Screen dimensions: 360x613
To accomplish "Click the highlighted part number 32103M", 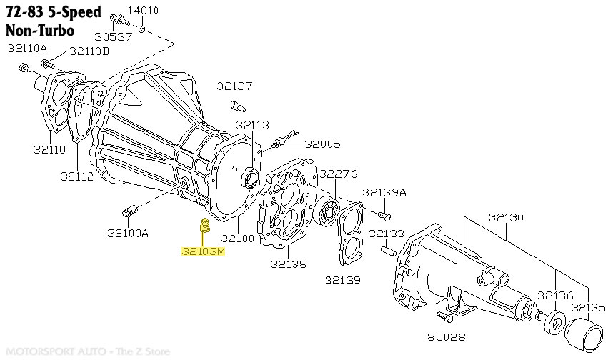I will [203, 251].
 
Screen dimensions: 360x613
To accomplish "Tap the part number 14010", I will [143, 10].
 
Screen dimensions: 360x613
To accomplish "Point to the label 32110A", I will [27, 49].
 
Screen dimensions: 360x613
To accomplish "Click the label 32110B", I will [89, 51].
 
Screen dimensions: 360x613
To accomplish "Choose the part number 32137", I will [235, 86].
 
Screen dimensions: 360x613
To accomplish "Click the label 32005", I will [322, 144].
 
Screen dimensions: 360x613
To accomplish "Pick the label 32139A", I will [384, 192].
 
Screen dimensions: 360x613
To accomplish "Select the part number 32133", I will [386, 234].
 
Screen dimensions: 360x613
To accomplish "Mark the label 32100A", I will [129, 233].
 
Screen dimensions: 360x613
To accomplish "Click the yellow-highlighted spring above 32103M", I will [202, 228].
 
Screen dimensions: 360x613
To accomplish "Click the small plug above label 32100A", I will [129, 211].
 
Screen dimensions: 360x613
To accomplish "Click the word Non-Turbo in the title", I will [39, 31].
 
